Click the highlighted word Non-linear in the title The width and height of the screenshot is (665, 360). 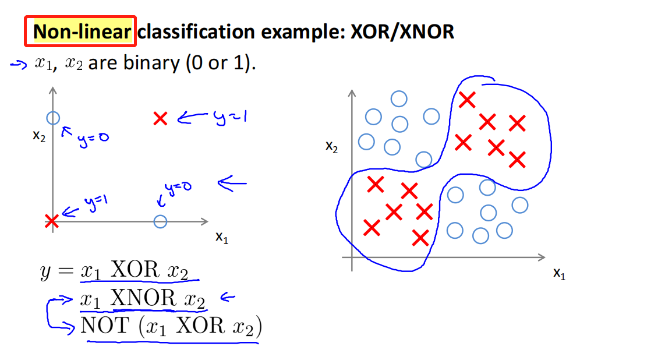click(81, 31)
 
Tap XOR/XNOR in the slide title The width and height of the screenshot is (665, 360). click(402, 31)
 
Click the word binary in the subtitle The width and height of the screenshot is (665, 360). click(150, 63)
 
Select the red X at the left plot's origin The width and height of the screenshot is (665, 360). click(52, 221)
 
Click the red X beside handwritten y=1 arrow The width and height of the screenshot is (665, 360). click(161, 119)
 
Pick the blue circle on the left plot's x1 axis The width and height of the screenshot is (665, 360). click(160, 221)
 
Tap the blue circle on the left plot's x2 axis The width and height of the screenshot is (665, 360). click(53, 118)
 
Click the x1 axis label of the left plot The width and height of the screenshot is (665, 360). click(221, 237)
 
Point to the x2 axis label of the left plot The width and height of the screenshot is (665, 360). click(40, 136)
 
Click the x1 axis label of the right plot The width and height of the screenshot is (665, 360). click(559, 273)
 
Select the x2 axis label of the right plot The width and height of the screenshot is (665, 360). click(332, 147)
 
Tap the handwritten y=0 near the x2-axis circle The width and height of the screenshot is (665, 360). click(93, 138)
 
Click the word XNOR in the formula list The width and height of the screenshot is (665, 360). click(143, 298)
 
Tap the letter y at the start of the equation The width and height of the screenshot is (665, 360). click(46, 271)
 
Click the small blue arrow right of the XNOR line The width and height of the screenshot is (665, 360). click(227, 298)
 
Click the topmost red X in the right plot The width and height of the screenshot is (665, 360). click(466, 100)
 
